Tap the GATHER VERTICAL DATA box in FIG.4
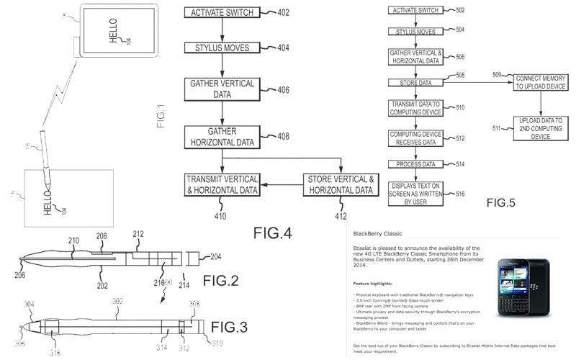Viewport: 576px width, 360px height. tap(222, 91)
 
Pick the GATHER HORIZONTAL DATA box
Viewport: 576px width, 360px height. tap(222, 135)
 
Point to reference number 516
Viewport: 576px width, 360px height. tap(456, 194)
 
